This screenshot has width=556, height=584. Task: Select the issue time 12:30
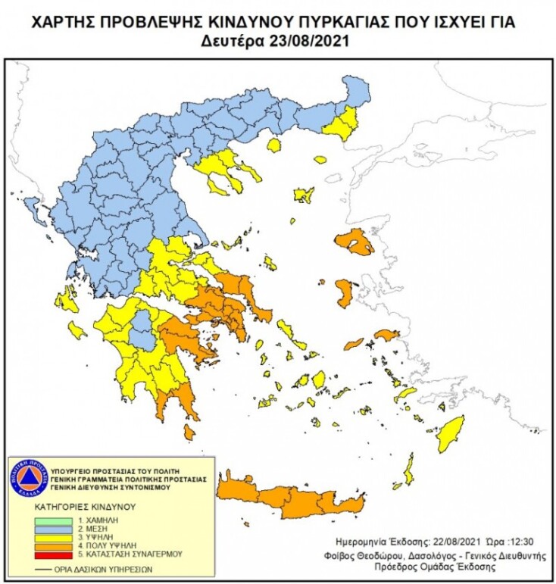pyautogui.click(x=513, y=542)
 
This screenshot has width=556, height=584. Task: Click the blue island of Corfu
pyautogui.click(x=33, y=207)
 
